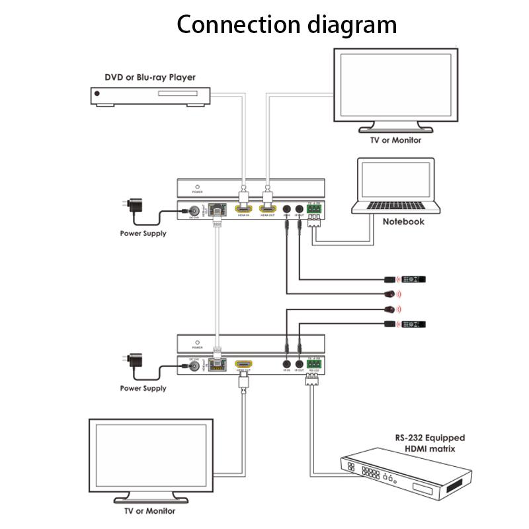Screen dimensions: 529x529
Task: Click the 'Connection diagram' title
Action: (287, 24)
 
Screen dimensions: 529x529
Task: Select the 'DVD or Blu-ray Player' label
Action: (150, 77)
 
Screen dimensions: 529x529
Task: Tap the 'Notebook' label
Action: (403, 222)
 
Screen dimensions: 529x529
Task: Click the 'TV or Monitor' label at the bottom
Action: (149, 511)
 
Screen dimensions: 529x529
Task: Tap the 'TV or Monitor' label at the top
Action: (395, 140)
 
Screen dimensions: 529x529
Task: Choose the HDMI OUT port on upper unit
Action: (268, 210)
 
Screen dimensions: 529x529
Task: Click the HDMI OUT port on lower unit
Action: (243, 365)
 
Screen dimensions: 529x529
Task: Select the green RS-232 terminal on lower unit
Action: (313, 364)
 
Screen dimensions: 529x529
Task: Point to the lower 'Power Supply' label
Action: (143, 388)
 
